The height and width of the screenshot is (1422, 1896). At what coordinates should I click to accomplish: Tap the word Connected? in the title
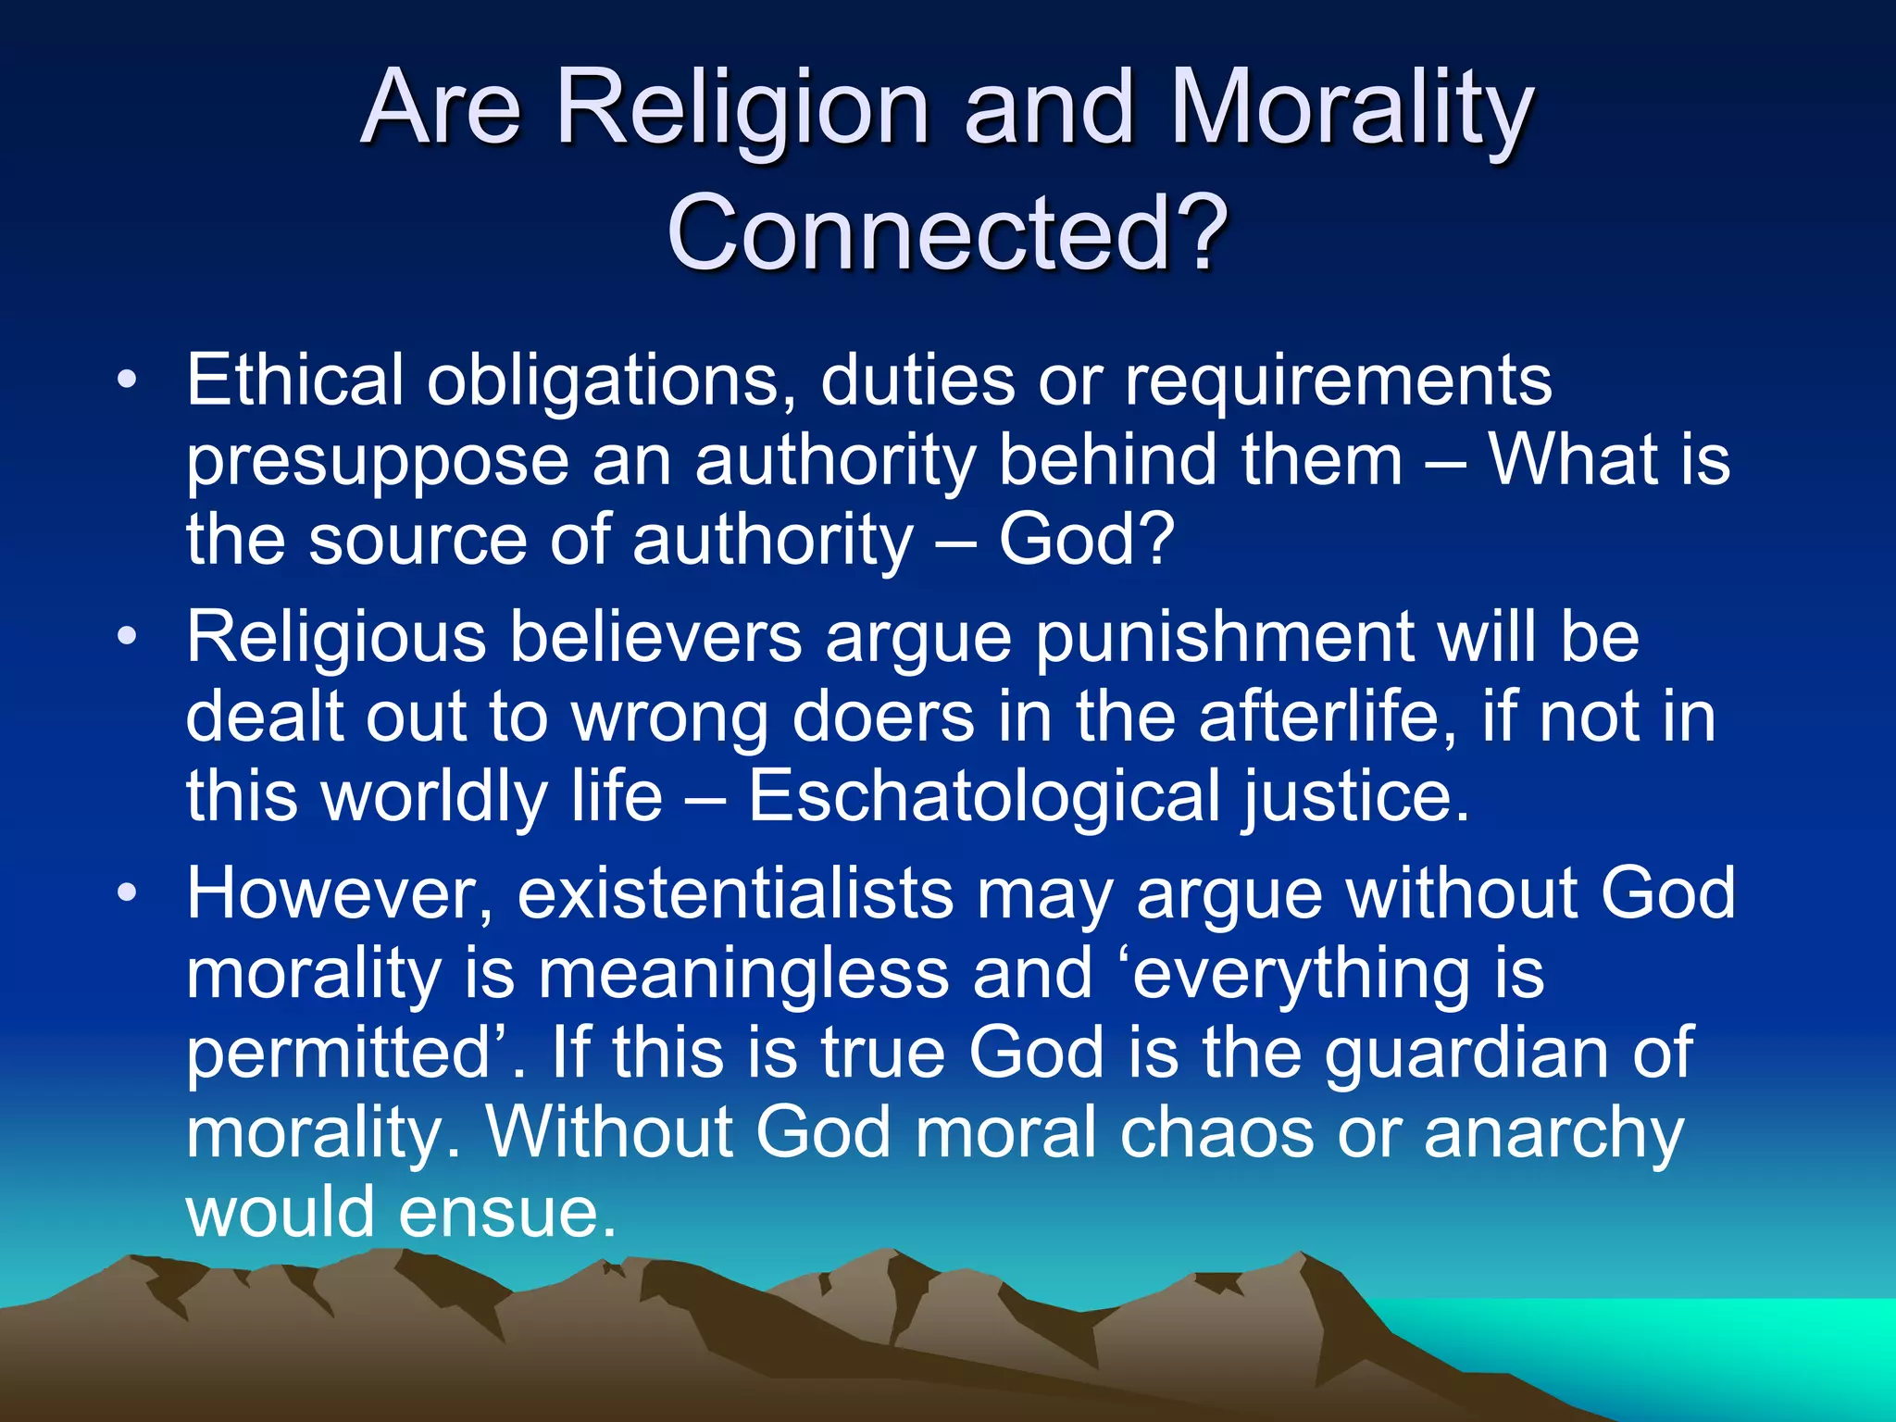pyautogui.click(x=947, y=231)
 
